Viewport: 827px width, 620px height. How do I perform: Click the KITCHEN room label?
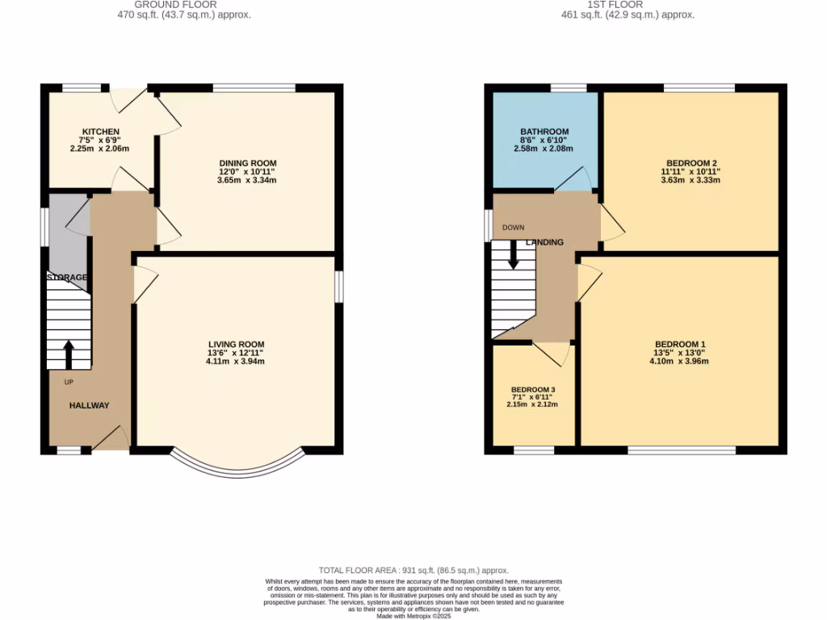coord(101,132)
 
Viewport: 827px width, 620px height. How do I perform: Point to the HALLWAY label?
coord(89,405)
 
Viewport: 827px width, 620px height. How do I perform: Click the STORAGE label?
coord(66,278)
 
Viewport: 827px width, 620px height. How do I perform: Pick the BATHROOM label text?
coord(544,132)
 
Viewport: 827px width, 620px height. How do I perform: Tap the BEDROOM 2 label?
coord(691,163)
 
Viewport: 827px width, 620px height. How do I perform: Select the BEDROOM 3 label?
coord(533,390)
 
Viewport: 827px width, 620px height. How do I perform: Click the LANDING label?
coord(544,242)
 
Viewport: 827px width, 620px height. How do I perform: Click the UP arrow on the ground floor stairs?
coord(69,354)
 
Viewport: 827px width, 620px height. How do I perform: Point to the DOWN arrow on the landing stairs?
coord(513,257)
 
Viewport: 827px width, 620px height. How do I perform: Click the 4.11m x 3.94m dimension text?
coord(235,362)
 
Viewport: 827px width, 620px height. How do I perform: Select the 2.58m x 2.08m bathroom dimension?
coord(544,149)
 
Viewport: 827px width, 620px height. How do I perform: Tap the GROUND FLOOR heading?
coord(175,5)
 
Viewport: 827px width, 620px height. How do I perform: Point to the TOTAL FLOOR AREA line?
coord(413,571)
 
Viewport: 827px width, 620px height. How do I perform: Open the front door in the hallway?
coord(111,438)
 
